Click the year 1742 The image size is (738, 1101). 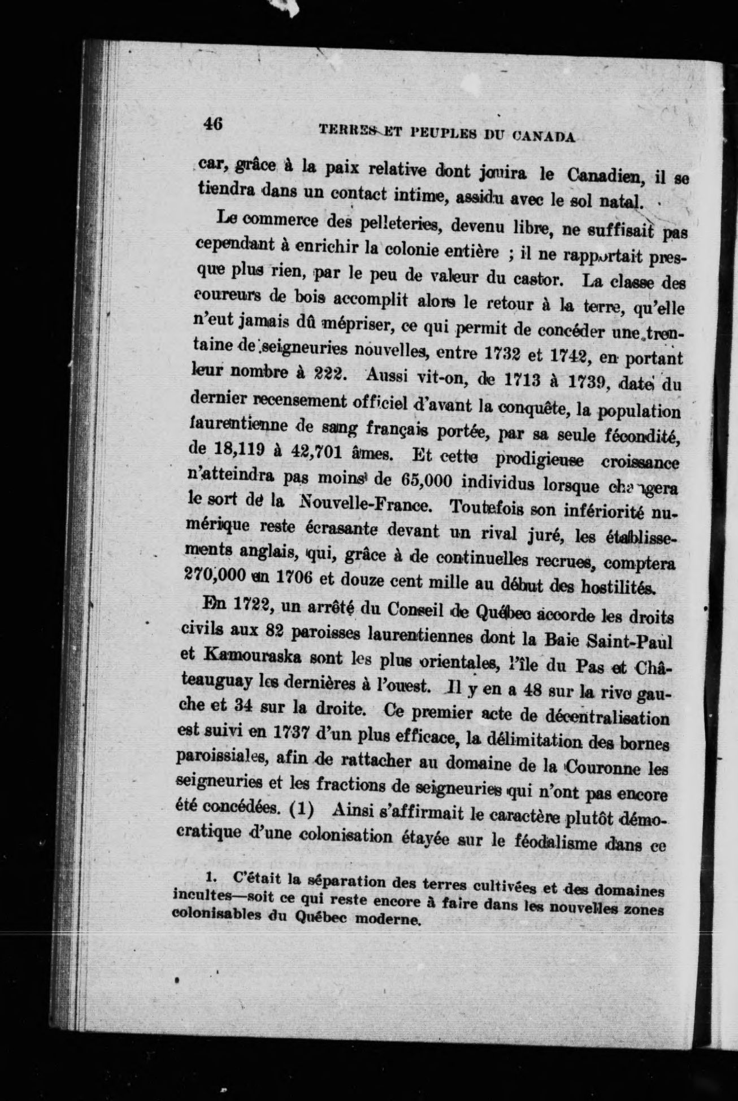coord(576,357)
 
